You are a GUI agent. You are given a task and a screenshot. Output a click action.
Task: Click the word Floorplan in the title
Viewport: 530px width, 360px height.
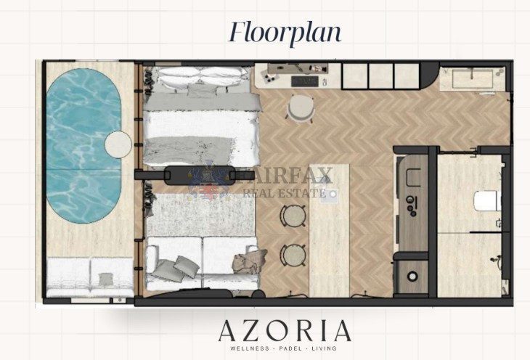285,33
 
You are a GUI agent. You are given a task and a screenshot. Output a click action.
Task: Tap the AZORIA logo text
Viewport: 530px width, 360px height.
285,331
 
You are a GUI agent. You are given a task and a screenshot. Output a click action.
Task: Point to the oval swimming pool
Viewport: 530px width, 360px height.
83,146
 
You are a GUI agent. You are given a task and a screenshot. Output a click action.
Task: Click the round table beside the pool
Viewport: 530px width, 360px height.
118,144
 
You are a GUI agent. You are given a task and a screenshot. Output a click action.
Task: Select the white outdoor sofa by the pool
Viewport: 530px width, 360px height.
90,277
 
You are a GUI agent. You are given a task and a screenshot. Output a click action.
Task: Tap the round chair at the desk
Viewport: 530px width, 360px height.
301,107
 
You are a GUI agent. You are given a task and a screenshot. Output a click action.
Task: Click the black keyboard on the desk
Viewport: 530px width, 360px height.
304,81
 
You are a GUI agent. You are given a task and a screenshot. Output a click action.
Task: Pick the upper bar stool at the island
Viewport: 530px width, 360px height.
293,216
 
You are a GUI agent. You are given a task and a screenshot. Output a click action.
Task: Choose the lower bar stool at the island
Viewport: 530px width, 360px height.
293,255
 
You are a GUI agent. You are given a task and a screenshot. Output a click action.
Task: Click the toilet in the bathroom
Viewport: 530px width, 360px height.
487,201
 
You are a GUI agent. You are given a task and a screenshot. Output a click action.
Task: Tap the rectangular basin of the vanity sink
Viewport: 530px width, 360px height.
473,79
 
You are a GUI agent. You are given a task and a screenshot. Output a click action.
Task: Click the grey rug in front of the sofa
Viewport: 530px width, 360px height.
201,215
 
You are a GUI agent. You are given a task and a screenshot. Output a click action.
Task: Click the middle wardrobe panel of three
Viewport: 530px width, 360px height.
380,76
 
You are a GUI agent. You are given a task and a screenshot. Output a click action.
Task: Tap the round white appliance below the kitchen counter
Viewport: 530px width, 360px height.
412,277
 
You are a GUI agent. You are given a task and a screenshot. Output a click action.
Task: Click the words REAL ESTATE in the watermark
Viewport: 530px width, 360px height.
285,193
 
